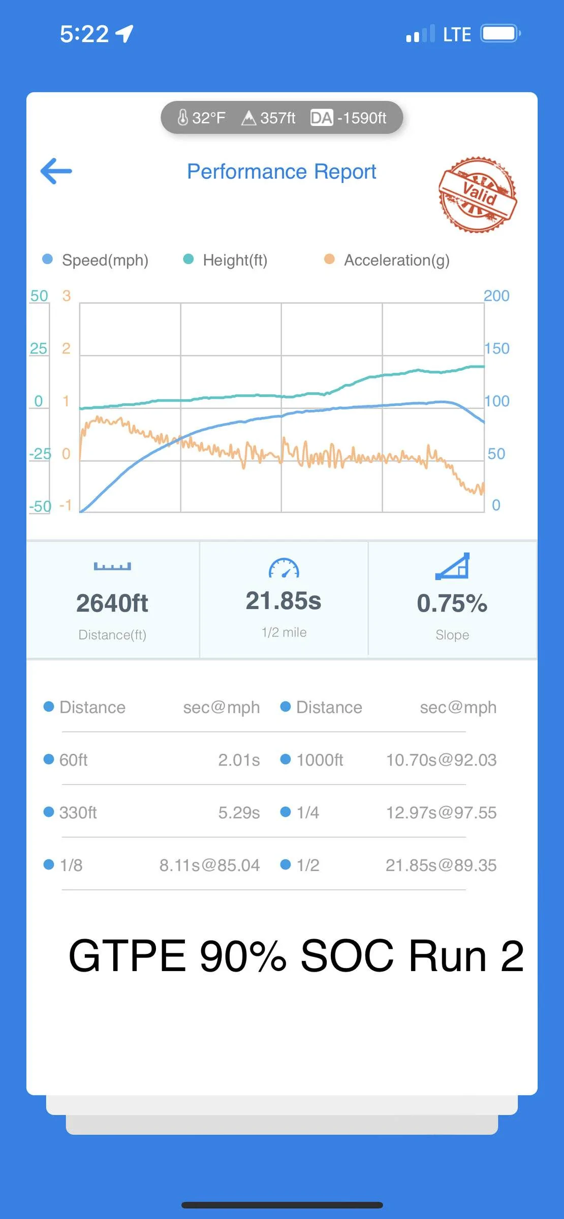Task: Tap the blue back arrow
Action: click(x=56, y=171)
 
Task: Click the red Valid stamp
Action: click(x=478, y=195)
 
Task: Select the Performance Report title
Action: click(x=281, y=172)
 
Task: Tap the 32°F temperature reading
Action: click(x=201, y=118)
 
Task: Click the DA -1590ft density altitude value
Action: click(x=349, y=118)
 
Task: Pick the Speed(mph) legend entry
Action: click(x=96, y=260)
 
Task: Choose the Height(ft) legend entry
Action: click(x=225, y=260)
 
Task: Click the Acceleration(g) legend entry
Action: click(x=387, y=260)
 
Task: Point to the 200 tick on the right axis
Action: click(x=496, y=296)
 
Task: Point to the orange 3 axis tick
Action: click(x=67, y=296)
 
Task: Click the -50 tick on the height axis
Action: click(x=40, y=506)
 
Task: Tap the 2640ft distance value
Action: click(x=112, y=603)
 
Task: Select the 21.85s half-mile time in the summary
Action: click(x=284, y=601)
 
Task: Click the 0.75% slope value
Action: click(x=452, y=603)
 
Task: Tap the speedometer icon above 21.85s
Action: click(x=284, y=568)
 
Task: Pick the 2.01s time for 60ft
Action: click(x=239, y=760)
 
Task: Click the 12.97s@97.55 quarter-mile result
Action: click(x=441, y=813)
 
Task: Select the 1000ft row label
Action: click(x=320, y=760)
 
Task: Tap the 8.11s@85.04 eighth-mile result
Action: click(x=209, y=865)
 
